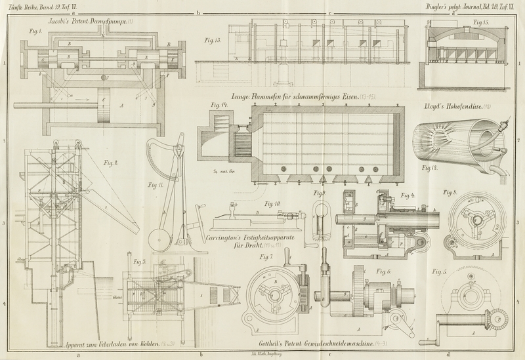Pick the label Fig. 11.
coord(156,186)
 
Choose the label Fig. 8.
coord(450,192)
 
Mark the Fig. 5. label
coord(439,271)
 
